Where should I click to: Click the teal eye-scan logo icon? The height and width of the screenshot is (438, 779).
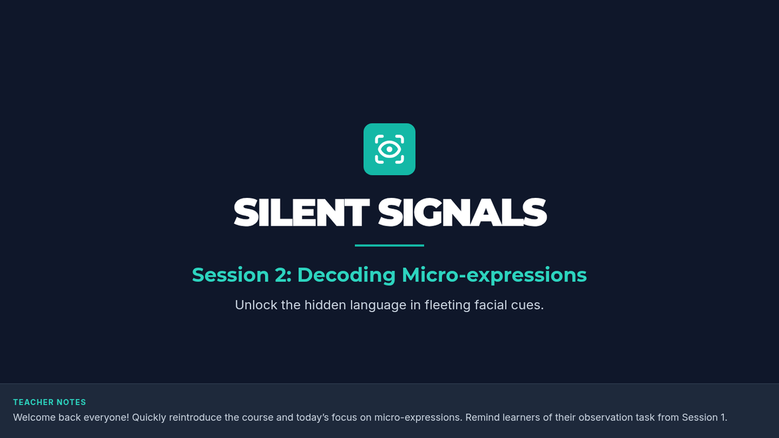(x=389, y=149)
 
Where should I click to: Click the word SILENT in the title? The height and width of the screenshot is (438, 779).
(x=301, y=212)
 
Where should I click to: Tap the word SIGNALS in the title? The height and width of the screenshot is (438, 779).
(x=462, y=212)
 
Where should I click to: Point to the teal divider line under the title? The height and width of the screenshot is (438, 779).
(x=389, y=245)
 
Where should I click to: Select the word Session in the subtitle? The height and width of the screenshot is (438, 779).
(x=230, y=275)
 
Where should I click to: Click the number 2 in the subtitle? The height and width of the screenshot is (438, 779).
(x=280, y=275)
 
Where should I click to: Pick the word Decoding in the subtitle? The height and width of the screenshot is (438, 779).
(x=347, y=276)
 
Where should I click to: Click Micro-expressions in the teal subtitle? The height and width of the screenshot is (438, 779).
(x=494, y=276)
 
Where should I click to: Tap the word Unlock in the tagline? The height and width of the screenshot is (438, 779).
(x=256, y=305)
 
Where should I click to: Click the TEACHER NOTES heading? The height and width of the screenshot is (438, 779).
(x=49, y=402)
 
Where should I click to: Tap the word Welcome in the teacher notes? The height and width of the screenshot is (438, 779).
(x=34, y=417)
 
